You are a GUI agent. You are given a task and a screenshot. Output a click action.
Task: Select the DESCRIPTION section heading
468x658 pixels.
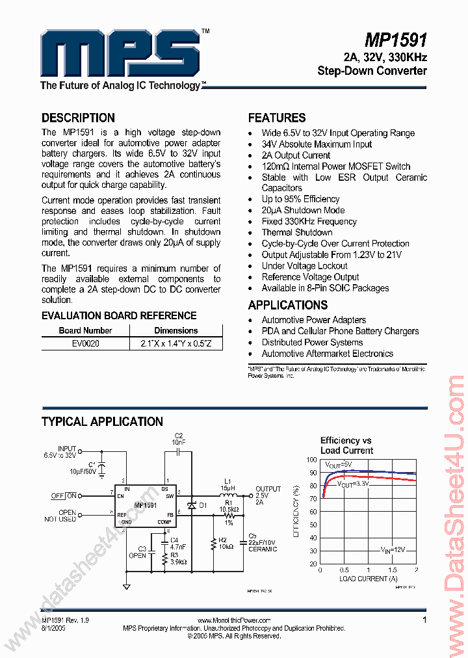78,118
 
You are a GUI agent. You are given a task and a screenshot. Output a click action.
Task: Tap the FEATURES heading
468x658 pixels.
277,118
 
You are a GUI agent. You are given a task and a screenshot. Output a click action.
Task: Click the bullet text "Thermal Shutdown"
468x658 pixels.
297,232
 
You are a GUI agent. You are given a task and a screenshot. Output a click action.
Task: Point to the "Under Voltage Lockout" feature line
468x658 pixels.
304,265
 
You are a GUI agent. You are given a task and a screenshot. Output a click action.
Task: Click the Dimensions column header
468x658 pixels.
175,330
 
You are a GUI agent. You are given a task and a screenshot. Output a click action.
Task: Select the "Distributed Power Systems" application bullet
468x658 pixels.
312,342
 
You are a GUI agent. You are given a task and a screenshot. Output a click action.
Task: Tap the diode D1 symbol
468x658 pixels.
191,505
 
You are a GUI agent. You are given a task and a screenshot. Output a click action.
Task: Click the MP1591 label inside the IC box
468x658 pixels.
146,505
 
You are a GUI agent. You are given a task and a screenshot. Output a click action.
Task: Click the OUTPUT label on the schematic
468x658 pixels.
268,489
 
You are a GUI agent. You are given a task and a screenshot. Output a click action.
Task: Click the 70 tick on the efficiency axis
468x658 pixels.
313,499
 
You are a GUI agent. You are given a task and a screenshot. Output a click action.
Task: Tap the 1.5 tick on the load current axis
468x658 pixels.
392,570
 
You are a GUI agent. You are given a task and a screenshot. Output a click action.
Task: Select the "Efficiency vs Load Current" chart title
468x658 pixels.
346,445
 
